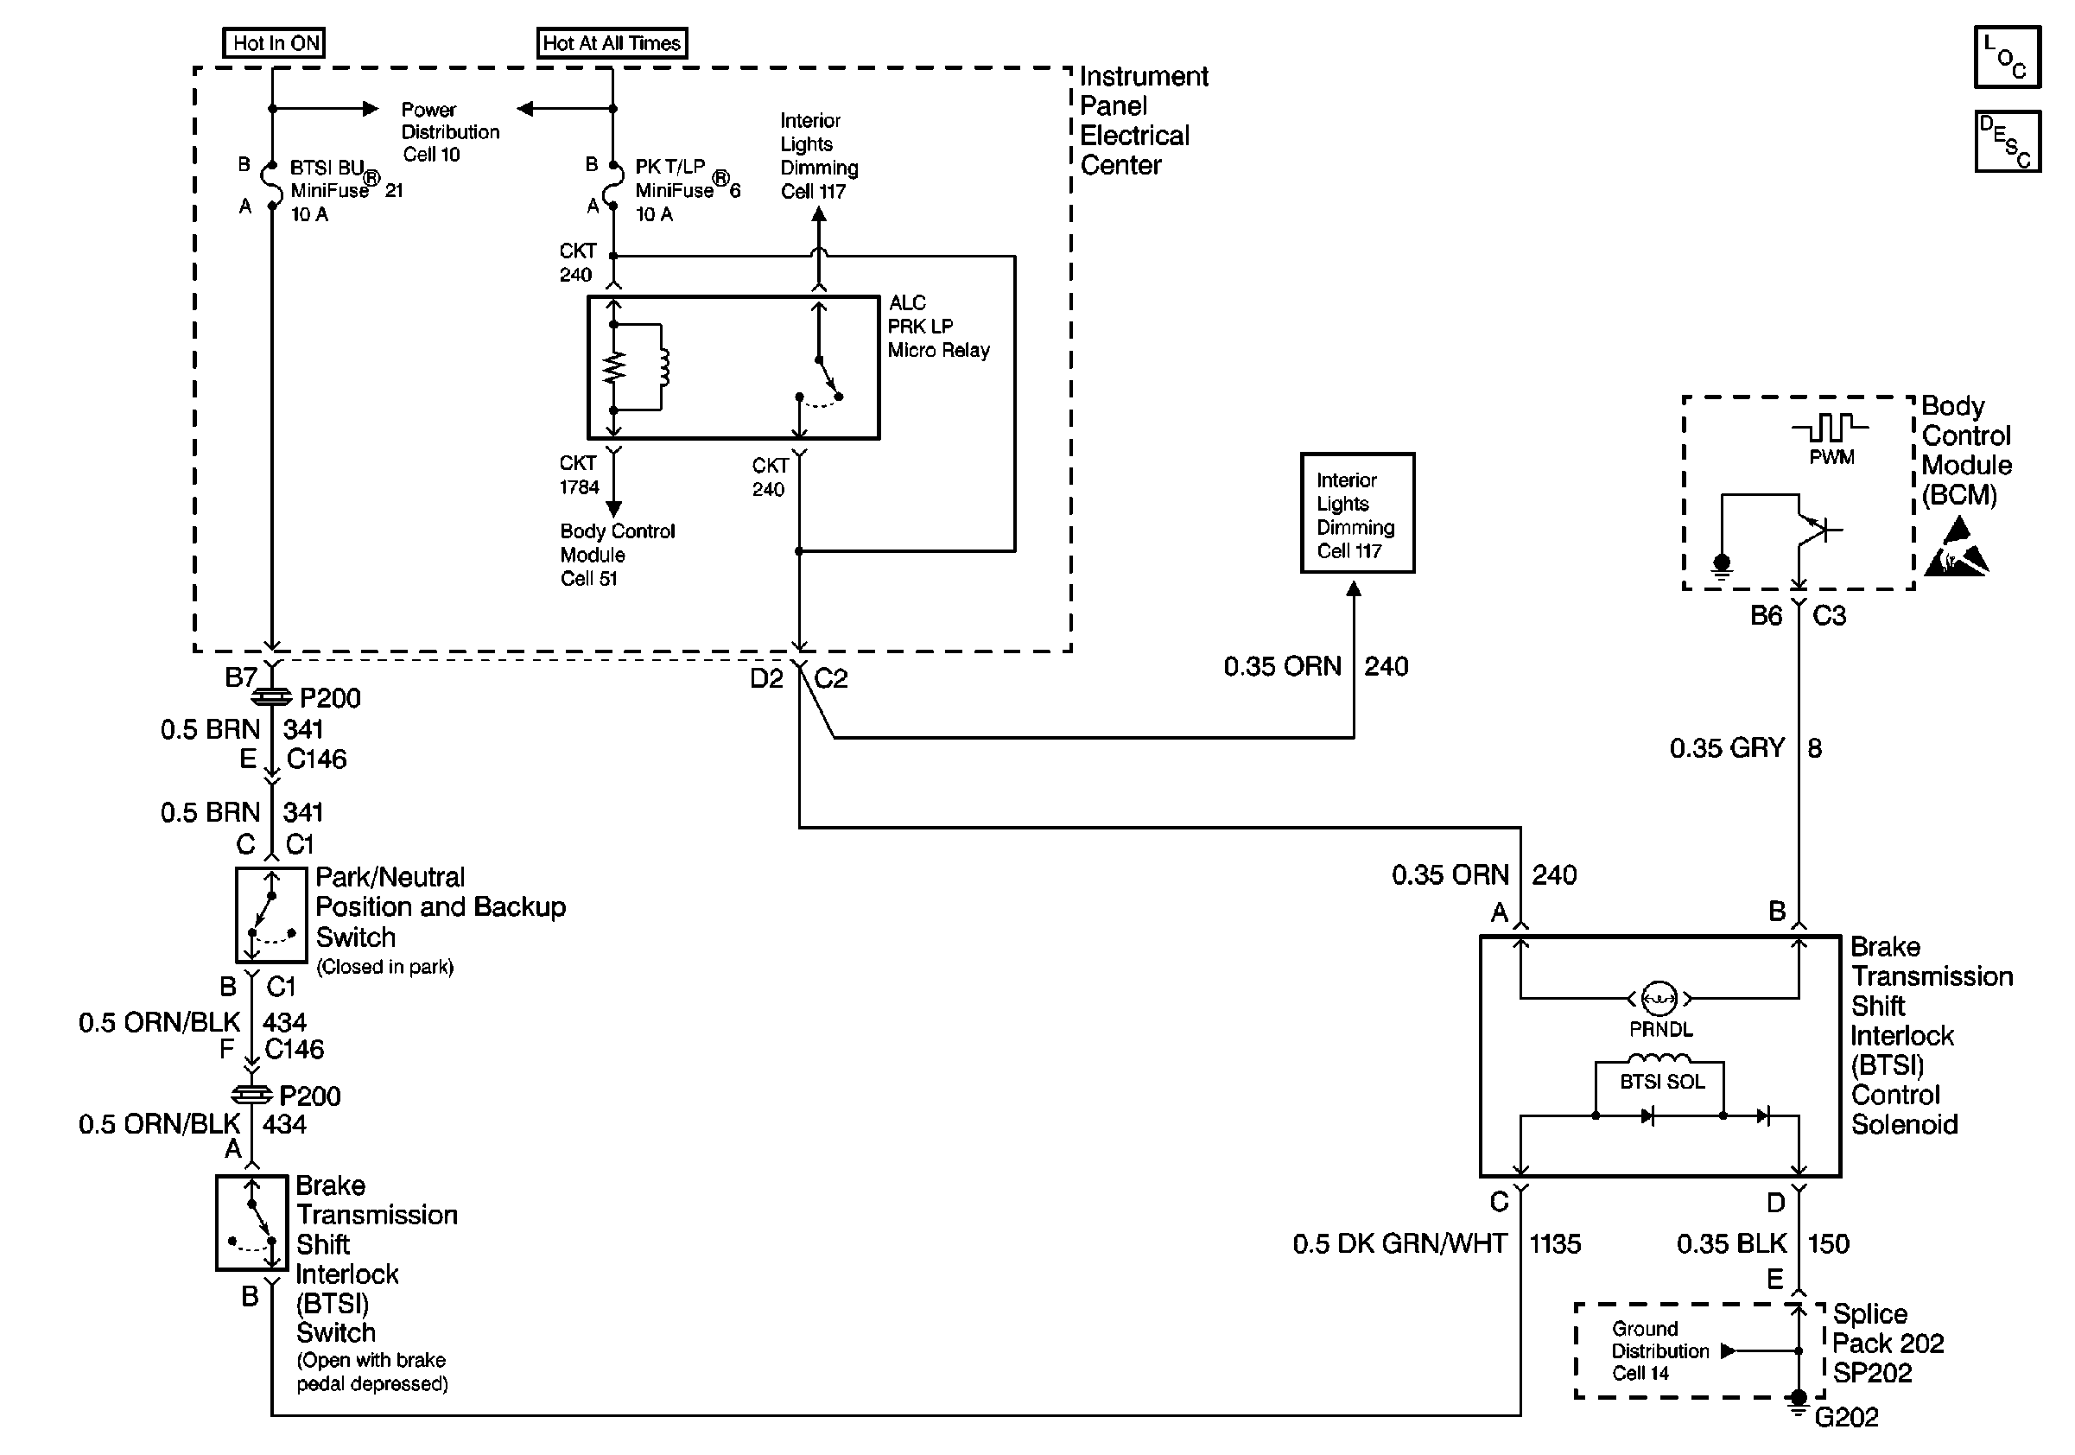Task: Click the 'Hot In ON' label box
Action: pyautogui.click(x=274, y=42)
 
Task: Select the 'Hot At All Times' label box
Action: pyautogui.click(x=611, y=42)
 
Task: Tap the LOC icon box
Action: pyautogui.click(x=2006, y=57)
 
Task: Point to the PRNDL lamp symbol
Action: pyautogui.click(x=1659, y=999)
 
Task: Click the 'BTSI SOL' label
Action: pyautogui.click(x=1661, y=1082)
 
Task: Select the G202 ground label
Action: pyautogui.click(x=1845, y=1417)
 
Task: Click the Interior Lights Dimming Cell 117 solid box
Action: pyautogui.click(x=1356, y=513)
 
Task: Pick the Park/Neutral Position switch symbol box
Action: pyautogui.click(x=271, y=916)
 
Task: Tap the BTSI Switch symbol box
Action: pyautogui.click(x=252, y=1223)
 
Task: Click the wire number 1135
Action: pyautogui.click(x=1554, y=1244)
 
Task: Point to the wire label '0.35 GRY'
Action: pyautogui.click(x=1726, y=748)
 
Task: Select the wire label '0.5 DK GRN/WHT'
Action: pyautogui.click(x=1399, y=1244)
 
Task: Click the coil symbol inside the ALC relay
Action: pyautogui.click(x=664, y=368)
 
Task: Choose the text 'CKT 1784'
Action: pyautogui.click(x=579, y=475)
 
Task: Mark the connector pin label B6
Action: pyautogui.click(x=1765, y=616)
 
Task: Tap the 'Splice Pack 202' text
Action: pyautogui.click(x=1887, y=1329)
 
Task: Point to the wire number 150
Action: pyautogui.click(x=1827, y=1244)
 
